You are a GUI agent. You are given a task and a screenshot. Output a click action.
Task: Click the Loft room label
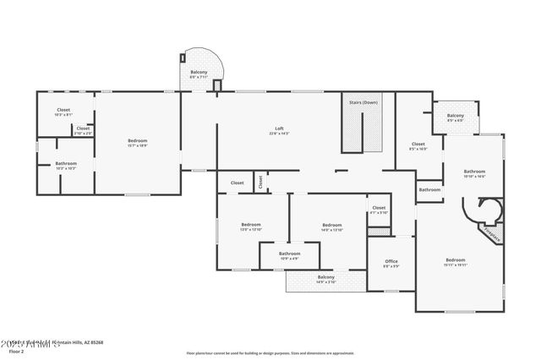point(278,129)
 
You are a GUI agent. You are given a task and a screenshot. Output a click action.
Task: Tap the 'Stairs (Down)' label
point(363,102)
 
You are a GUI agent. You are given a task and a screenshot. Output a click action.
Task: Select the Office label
point(391,261)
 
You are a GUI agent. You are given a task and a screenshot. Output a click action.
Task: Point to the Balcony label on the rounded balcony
point(198,73)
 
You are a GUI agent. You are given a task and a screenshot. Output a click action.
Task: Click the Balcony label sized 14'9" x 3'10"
point(325,277)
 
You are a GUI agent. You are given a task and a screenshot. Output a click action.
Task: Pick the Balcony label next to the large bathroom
point(455,116)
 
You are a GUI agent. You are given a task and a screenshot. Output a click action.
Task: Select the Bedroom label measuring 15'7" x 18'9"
point(137,140)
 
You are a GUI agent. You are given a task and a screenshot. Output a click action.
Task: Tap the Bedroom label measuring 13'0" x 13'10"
point(251,225)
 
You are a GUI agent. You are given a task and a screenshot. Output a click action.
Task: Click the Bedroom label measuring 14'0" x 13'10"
point(331,225)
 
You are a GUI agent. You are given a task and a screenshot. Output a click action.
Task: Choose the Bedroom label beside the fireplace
point(455,259)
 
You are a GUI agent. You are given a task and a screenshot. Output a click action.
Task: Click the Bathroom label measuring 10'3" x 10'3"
point(66,163)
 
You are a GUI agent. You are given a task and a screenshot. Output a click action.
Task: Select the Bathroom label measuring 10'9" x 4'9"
point(290,254)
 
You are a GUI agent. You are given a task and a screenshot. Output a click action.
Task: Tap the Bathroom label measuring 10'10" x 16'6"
point(474,172)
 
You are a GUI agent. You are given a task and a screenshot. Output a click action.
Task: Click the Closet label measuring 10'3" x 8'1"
point(63,110)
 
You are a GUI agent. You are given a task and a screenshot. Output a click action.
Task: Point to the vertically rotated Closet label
point(260,181)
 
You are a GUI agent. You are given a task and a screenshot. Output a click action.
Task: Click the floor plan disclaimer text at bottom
point(270,351)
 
